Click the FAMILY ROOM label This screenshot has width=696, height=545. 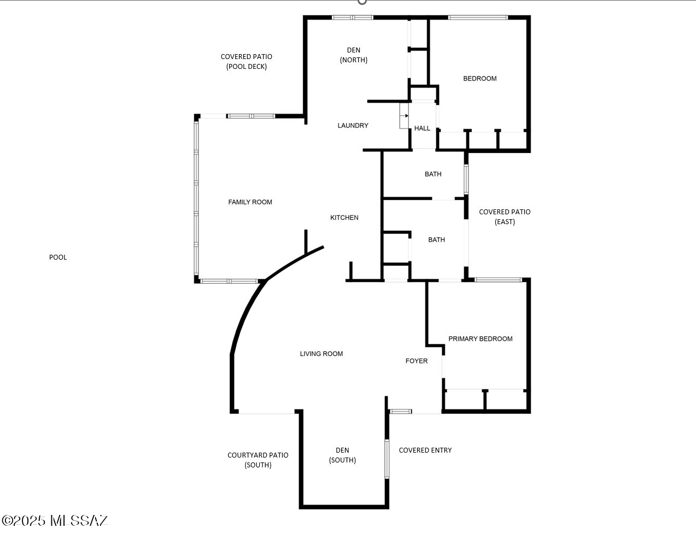tap(250, 202)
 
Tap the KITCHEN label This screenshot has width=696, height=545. tap(344, 218)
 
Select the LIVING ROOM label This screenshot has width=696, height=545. tap(321, 354)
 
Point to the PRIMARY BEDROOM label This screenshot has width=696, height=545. tap(480, 339)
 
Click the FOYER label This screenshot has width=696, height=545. tap(417, 361)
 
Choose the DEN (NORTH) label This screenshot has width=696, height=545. tap(354, 55)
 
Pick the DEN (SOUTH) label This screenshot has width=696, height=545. tap(342, 455)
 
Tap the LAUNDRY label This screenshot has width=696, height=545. tap(353, 126)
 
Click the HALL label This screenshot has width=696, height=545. tap(422, 128)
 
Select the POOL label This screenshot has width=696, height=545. tap(58, 257)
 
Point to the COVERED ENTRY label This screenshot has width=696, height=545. tap(425, 450)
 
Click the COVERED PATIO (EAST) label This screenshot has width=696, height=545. tap(505, 216)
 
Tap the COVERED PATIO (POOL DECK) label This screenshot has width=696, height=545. tap(247, 62)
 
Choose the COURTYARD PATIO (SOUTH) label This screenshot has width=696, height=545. tap(258, 460)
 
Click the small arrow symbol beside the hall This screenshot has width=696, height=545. tap(405, 116)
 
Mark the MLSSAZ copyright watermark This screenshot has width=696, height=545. tap(55, 520)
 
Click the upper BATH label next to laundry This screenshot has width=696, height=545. tap(433, 174)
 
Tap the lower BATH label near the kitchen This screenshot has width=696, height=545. tap(436, 240)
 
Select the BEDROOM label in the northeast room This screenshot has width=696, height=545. tap(479, 79)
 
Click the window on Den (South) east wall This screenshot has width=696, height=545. tap(387, 459)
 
